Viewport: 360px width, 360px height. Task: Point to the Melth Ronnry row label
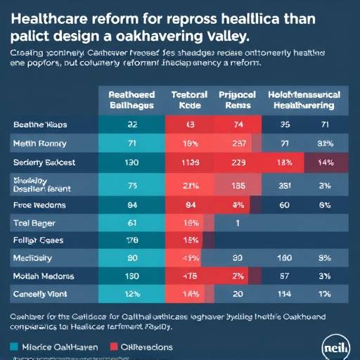pyautogui.click(x=39, y=143)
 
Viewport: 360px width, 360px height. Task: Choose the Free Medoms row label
pyautogui.click(x=39, y=205)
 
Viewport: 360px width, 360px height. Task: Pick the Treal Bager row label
pyautogui.click(x=34, y=223)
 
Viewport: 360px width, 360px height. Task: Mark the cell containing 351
pyautogui.click(x=285, y=186)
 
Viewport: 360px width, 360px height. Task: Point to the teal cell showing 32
pyautogui.click(x=131, y=124)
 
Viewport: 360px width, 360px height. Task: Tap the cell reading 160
pyautogui.click(x=285, y=258)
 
